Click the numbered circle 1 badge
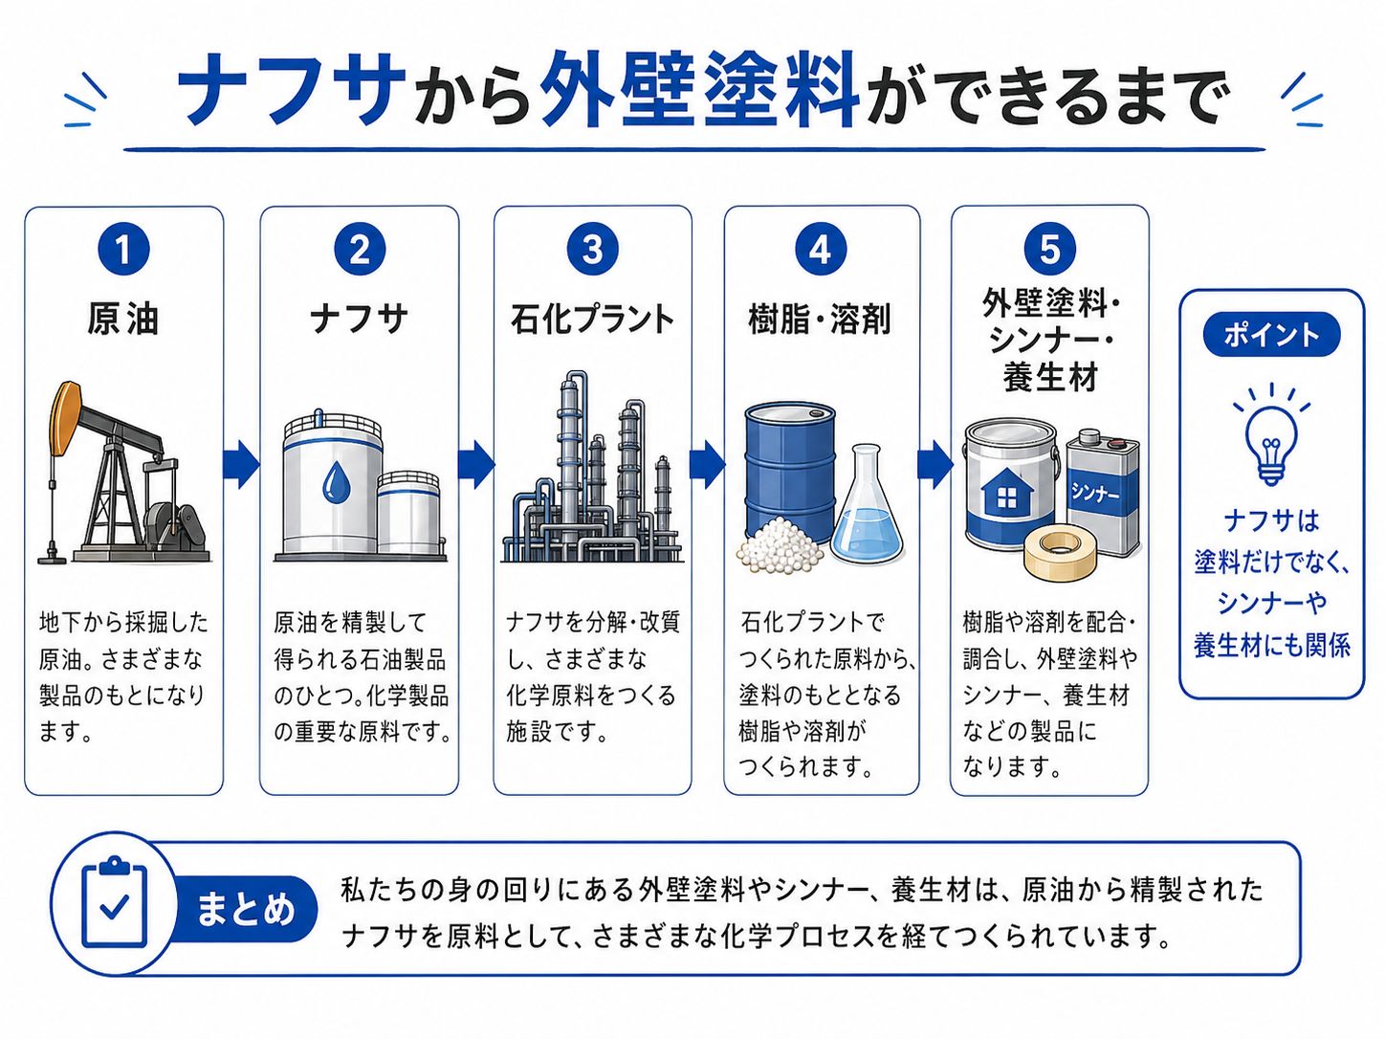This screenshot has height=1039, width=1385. pyautogui.click(x=123, y=250)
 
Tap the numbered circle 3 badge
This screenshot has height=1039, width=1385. pyautogui.click(x=592, y=250)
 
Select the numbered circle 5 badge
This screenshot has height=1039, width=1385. pyautogui.click(x=1049, y=250)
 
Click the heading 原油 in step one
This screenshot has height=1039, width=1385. pyautogui.click(x=123, y=319)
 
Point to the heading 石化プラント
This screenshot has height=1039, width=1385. pyautogui.click(x=592, y=319)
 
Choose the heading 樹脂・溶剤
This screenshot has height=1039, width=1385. pyautogui.click(x=820, y=319)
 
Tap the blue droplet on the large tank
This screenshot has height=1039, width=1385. pyautogui.click(x=335, y=483)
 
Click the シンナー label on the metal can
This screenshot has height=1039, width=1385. pyautogui.click(x=1095, y=492)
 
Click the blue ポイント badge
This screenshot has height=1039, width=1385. pyautogui.click(x=1271, y=335)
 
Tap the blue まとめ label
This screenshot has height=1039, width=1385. pyautogui.click(x=245, y=909)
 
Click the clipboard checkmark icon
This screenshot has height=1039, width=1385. pyautogui.click(x=114, y=903)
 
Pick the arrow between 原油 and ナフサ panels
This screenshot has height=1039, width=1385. pyautogui.click(x=241, y=464)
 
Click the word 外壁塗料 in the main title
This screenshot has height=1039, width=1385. pyautogui.click(x=699, y=91)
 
